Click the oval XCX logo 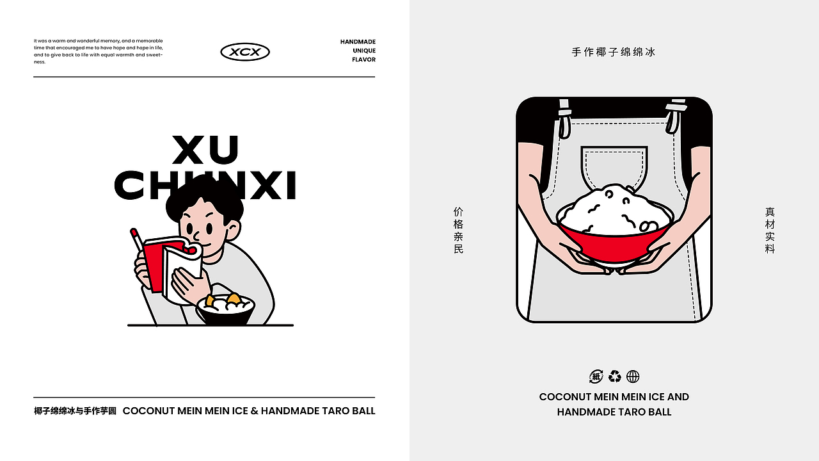point(245,52)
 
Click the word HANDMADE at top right point(358,42)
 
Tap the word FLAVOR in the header point(363,60)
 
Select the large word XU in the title point(205,150)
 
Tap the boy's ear point(234,227)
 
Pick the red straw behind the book point(136,240)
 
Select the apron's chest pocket point(614,168)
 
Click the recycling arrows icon point(615,376)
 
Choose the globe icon point(633,376)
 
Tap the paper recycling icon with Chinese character point(596,376)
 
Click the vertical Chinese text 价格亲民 point(458,230)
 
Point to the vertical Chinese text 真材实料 point(770,230)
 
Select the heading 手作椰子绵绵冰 point(614,52)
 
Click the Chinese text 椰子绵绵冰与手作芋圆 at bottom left point(75,411)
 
